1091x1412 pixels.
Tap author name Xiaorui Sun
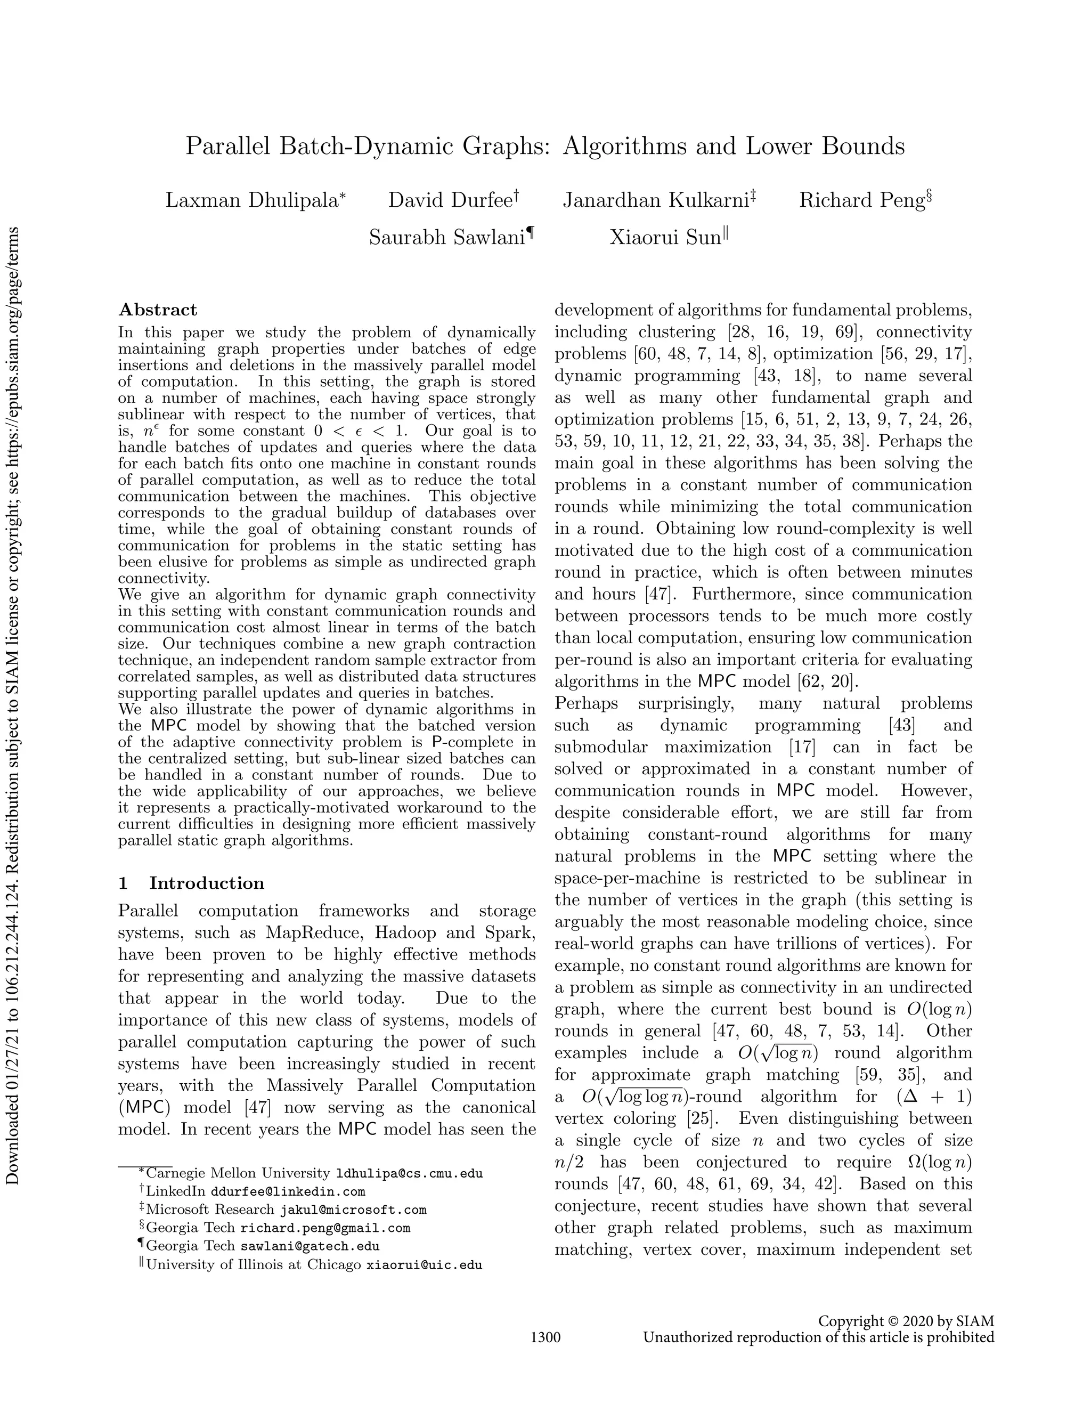pos(665,238)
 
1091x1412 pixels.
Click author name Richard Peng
pos(862,200)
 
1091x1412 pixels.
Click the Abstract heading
pos(158,310)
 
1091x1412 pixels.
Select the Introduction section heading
pos(206,883)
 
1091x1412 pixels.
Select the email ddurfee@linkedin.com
pos(288,1191)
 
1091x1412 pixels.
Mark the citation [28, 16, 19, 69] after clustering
pos(792,332)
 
